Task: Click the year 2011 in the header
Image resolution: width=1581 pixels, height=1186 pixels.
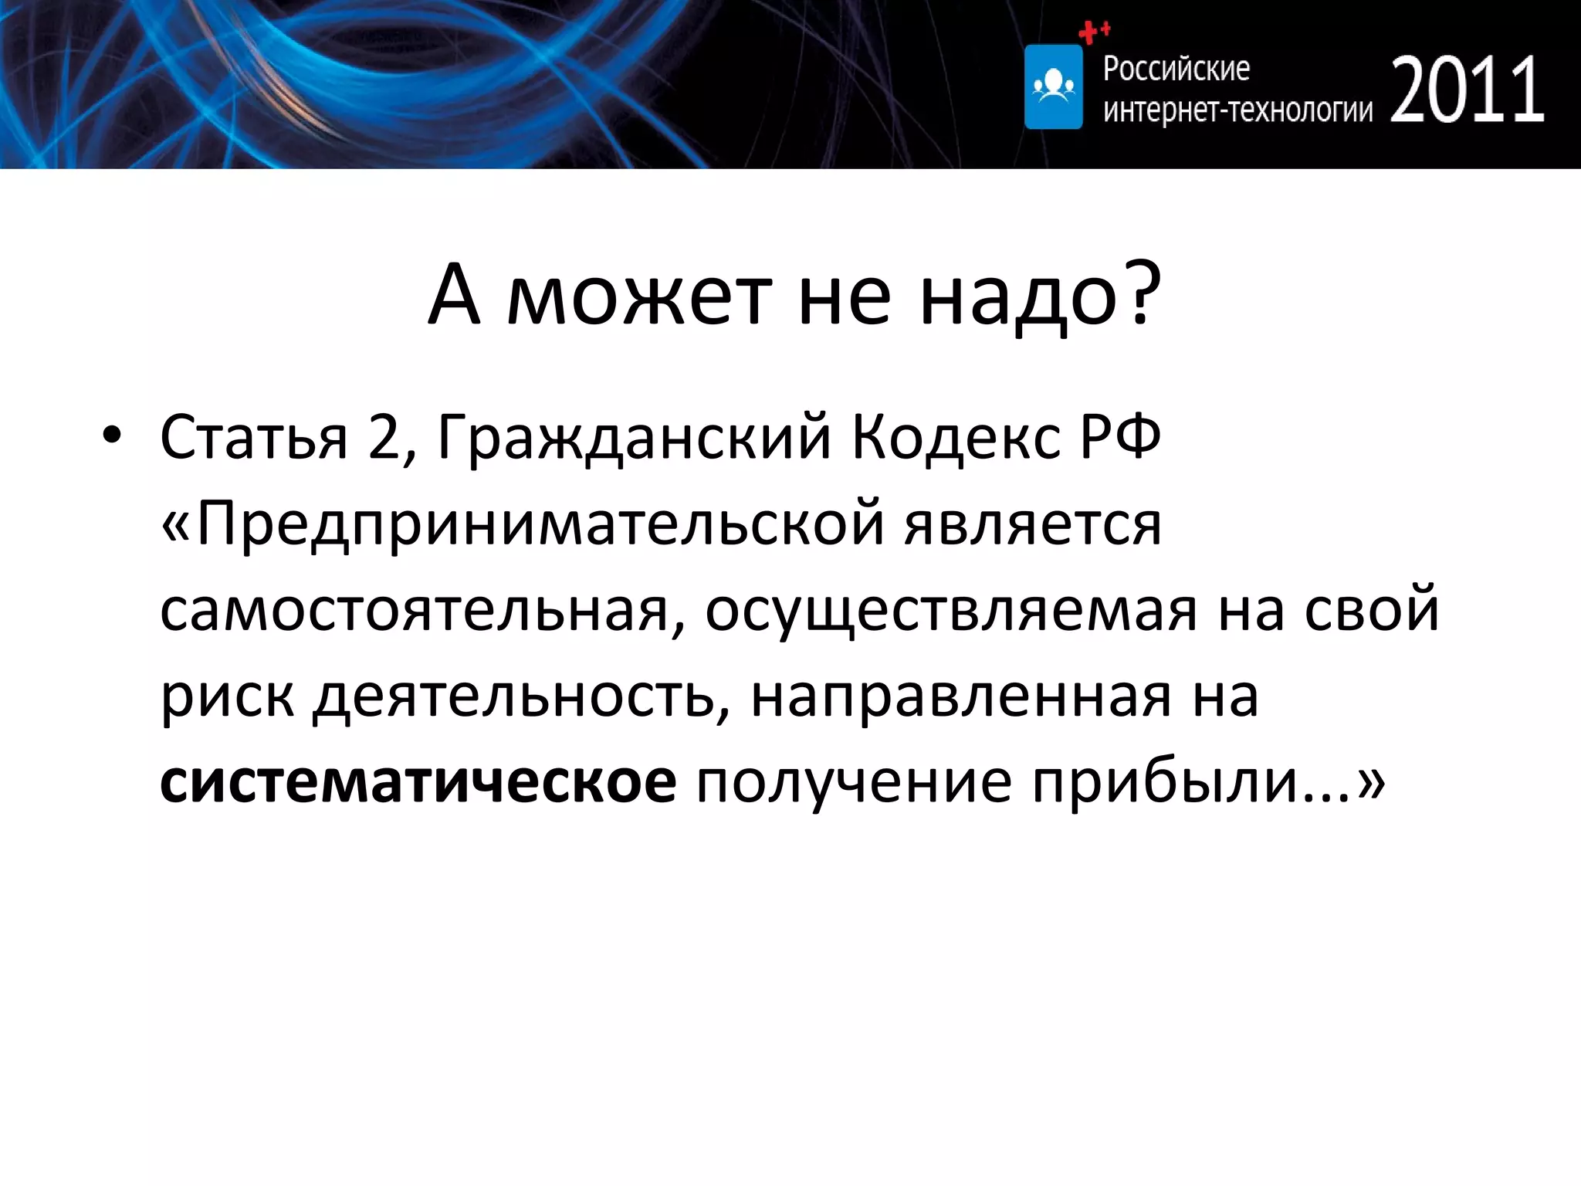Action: tap(1467, 91)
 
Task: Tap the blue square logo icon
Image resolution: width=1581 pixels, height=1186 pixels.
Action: tap(1053, 86)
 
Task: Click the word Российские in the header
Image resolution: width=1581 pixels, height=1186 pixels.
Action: tap(1176, 69)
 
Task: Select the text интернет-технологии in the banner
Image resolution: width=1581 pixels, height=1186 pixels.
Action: tap(1237, 110)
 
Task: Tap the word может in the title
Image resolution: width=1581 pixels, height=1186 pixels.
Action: tap(639, 297)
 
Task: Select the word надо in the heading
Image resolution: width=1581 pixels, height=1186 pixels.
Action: tap(1019, 297)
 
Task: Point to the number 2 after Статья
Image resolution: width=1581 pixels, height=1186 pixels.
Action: tap(384, 437)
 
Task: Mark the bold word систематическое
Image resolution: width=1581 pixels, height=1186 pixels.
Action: tap(418, 783)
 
